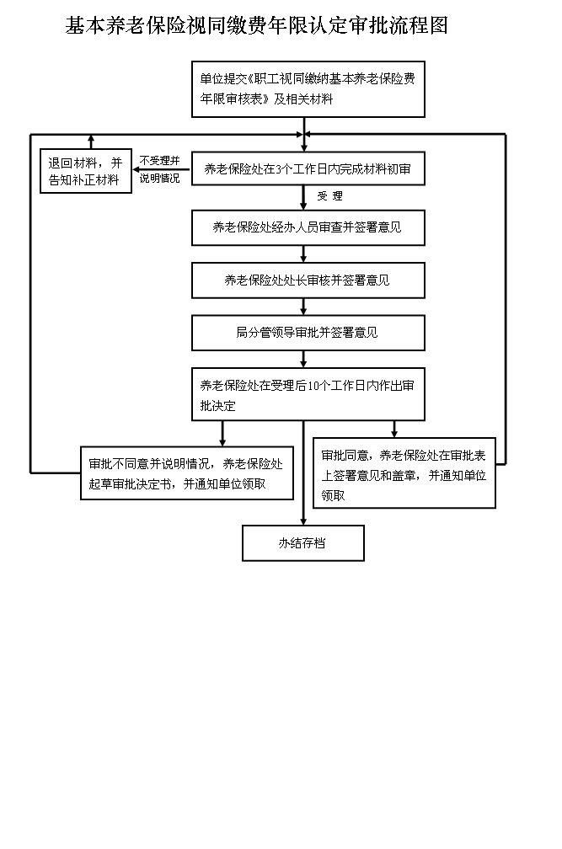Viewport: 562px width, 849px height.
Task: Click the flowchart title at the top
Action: pos(256,26)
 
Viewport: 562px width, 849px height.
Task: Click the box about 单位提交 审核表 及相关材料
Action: pos(308,88)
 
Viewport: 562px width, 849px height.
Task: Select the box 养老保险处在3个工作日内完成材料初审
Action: pos(308,168)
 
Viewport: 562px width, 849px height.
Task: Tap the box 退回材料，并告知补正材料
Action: pos(87,171)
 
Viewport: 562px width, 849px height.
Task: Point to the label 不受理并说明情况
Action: pos(160,169)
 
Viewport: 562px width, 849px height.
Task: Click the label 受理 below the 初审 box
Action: pos(329,196)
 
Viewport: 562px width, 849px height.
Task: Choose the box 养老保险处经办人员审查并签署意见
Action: pos(308,227)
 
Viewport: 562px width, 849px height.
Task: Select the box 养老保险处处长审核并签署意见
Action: pos(308,280)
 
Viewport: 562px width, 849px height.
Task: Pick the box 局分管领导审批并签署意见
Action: pos(308,333)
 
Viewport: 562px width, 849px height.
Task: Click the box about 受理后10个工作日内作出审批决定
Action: pos(308,394)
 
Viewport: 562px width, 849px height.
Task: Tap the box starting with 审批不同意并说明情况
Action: pos(187,473)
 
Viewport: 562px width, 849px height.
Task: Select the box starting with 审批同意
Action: pos(404,473)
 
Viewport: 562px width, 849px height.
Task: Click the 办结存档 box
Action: pos(303,543)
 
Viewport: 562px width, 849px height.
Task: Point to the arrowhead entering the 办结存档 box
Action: pos(303,521)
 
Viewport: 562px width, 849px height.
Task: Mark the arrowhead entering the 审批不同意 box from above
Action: pos(222,441)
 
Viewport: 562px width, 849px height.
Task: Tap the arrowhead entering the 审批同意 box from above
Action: pos(393,433)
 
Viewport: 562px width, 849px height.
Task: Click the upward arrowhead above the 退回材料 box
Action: pos(90,140)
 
